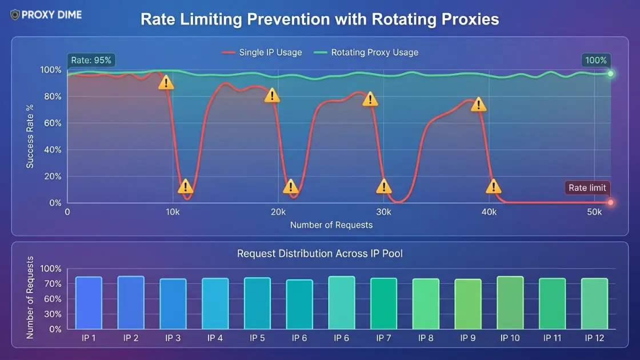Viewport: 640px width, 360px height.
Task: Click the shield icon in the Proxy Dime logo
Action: coord(14,15)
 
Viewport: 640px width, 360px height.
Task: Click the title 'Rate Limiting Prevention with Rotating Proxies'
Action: coord(319,19)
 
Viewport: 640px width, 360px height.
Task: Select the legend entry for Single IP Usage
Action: coord(262,53)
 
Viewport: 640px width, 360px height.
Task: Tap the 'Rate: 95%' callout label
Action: coord(92,60)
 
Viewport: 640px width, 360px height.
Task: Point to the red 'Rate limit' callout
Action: coord(587,188)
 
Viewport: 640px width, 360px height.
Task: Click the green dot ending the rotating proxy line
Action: coord(610,74)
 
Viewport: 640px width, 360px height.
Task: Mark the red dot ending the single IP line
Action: coord(610,202)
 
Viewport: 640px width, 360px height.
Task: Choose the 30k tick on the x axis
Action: coord(383,212)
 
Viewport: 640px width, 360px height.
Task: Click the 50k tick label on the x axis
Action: coord(594,212)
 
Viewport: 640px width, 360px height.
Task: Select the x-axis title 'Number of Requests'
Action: coord(331,225)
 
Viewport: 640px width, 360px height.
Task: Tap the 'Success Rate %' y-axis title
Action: coord(30,135)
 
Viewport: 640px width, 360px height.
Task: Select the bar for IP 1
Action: coord(89,303)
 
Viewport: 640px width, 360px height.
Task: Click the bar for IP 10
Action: coord(510,303)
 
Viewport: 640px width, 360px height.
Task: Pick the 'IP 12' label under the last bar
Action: coord(594,338)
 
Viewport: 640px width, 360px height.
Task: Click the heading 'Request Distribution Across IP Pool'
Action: coord(319,253)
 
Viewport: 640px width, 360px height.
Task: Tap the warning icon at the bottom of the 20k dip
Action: coord(291,187)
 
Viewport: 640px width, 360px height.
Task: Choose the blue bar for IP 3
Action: coord(173,304)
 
